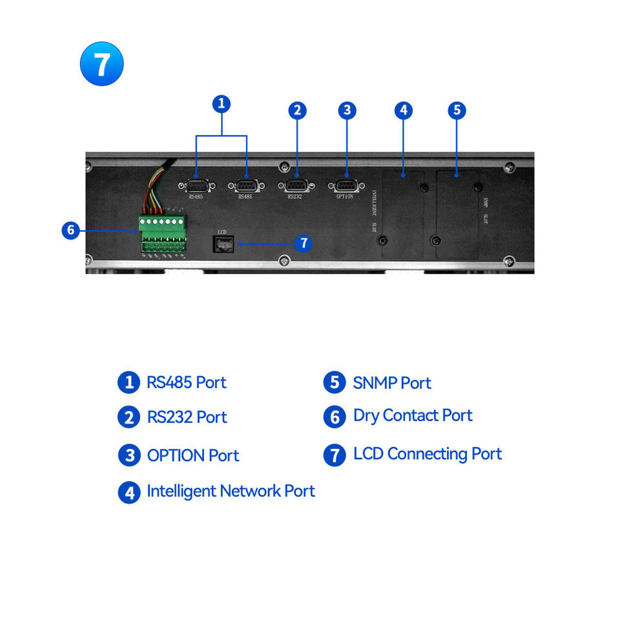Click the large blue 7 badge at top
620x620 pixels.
coord(101,64)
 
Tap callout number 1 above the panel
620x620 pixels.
coord(222,103)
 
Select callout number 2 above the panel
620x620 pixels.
coord(297,110)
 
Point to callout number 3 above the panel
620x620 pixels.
coord(347,110)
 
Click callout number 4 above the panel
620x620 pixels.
coord(403,110)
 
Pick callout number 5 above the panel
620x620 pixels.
coord(457,110)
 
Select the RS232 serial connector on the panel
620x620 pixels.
coord(294,186)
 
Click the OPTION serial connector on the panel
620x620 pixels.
coord(345,186)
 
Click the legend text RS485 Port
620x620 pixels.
coord(186,382)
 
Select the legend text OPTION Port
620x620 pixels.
coord(192,455)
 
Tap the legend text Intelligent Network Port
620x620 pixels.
coord(231,491)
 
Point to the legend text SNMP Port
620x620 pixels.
coord(391,383)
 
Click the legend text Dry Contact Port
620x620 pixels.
coord(413,416)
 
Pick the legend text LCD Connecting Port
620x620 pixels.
coord(427,454)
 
